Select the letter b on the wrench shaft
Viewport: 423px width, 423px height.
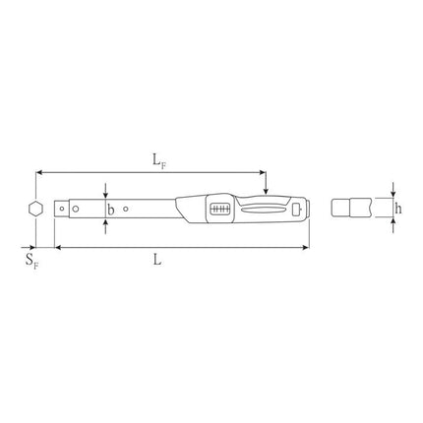pyautogui.click(x=111, y=209)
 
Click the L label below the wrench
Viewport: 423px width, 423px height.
pyautogui.click(x=158, y=260)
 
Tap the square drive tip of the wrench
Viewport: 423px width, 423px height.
pyautogui.click(x=61, y=209)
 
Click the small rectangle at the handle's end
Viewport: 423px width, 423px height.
pyautogui.click(x=296, y=209)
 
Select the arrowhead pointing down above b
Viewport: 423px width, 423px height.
pyautogui.click(x=106, y=193)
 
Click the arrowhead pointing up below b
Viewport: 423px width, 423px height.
pyautogui.click(x=106, y=223)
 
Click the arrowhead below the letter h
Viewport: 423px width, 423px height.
pyautogui.click(x=393, y=223)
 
